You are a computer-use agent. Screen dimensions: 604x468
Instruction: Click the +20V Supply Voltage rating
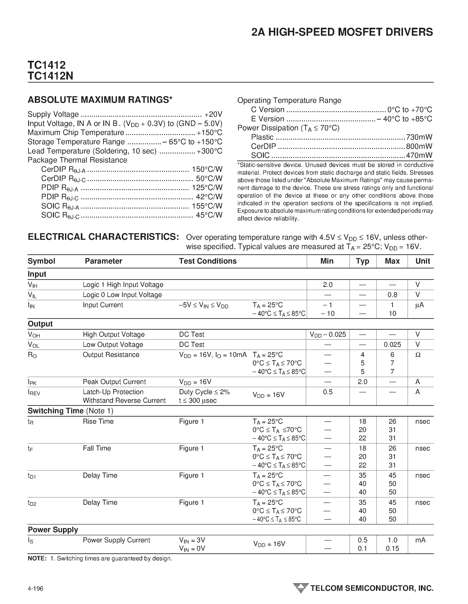coord(213,114)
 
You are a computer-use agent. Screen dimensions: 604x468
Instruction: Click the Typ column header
coord(362,261)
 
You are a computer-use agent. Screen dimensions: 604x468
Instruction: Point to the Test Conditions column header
coord(207,261)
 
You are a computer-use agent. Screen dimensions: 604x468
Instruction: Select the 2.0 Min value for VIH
coord(328,284)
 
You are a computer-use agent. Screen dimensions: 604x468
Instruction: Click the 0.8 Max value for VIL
coord(392,295)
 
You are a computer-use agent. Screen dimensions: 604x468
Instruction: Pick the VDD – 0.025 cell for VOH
coord(328,335)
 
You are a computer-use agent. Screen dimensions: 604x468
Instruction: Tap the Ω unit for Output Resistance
coord(418,355)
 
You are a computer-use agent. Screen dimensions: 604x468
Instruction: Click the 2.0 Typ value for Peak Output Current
coord(362,382)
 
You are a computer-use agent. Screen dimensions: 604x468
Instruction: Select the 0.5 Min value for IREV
coord(328,392)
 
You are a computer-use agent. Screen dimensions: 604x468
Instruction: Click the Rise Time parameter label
coord(98,421)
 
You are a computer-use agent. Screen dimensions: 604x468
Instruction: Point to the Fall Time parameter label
coord(97,448)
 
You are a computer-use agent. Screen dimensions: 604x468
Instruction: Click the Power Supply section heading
coord(53,530)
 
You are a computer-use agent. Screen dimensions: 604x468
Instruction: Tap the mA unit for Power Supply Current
coord(420,540)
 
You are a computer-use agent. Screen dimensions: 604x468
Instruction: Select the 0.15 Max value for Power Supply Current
coord(392,549)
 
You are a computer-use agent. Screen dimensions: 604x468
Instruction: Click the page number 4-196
coord(35,588)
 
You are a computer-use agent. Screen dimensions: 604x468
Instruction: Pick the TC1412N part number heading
coord(50,76)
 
